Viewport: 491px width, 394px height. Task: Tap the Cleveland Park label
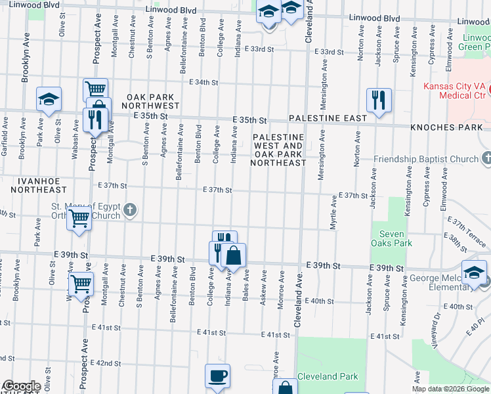(x=328, y=376)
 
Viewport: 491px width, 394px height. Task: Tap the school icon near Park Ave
(x=49, y=99)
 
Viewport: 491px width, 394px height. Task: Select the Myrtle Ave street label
(x=333, y=215)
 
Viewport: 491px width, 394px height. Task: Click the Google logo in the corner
(x=21, y=386)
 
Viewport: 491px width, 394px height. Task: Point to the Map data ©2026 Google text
(x=450, y=389)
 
